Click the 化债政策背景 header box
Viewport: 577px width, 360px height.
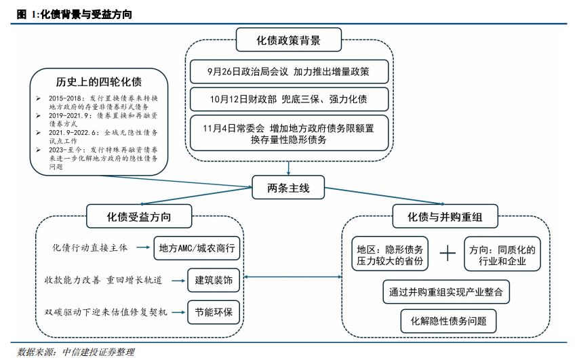[x=288, y=39]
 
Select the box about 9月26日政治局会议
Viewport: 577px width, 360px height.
[x=289, y=71]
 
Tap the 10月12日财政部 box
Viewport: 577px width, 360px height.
[x=289, y=99]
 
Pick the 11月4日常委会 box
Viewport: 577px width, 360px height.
[x=289, y=133]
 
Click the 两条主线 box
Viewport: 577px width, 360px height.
[x=289, y=188]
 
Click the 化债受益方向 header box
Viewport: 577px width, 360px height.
[x=139, y=217]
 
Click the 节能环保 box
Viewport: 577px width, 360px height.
[x=214, y=312]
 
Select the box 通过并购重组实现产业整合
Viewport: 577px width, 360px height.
[x=445, y=292]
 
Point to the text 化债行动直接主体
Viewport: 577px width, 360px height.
[x=90, y=247]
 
